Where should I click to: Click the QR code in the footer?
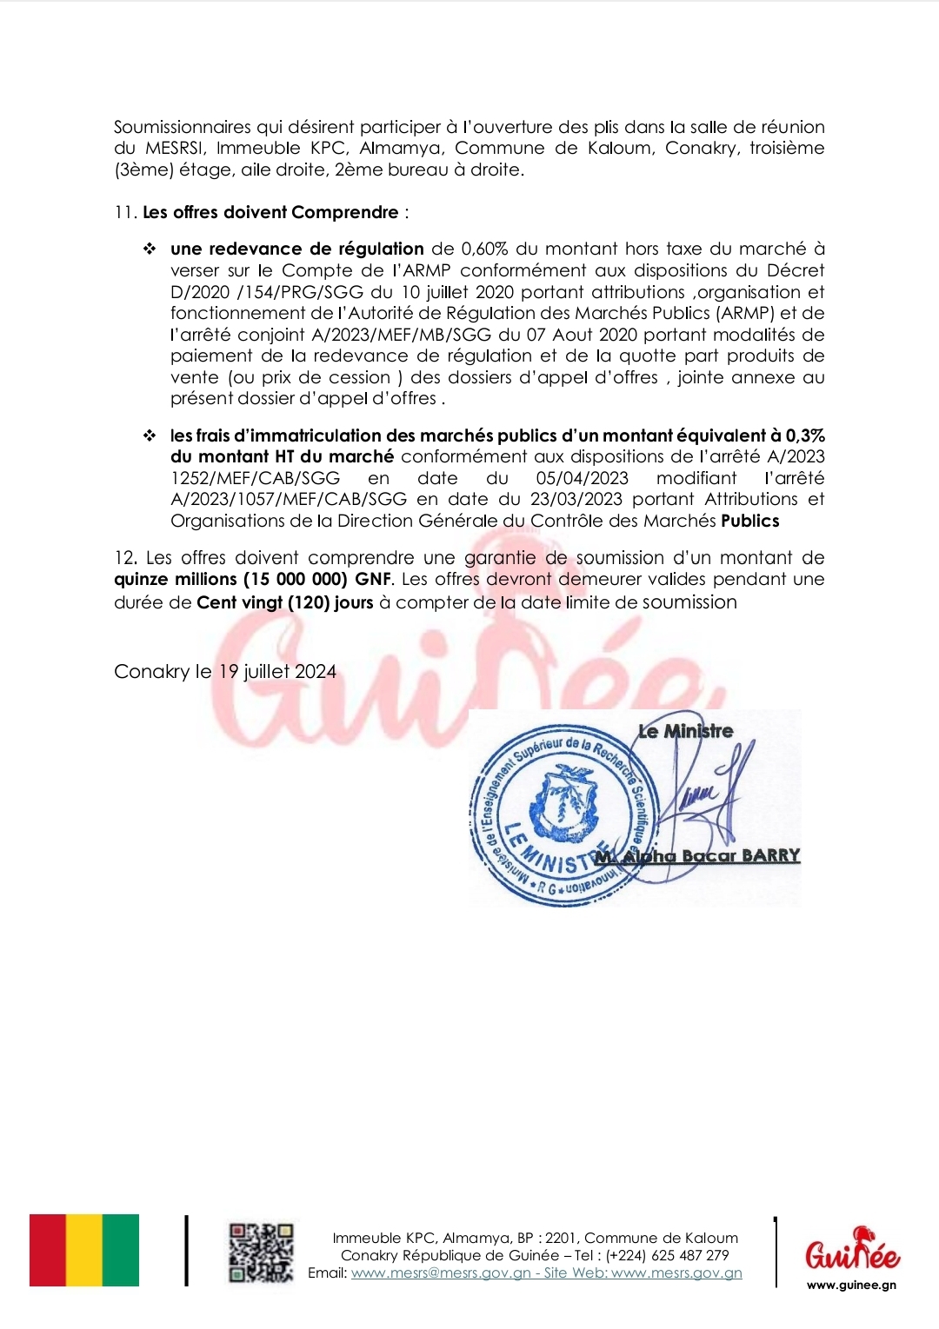[x=261, y=1253]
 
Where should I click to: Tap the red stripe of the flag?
[x=48, y=1250]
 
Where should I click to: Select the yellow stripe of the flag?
[x=84, y=1250]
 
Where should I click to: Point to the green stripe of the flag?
[x=121, y=1250]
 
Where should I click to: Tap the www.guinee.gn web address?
[x=851, y=1285]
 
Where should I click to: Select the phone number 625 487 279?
[x=693, y=1255]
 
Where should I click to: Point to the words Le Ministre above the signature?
[x=685, y=731]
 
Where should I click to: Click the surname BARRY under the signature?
[x=770, y=855]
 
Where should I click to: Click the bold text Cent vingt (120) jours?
[x=285, y=601]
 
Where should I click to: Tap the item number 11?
[x=124, y=212]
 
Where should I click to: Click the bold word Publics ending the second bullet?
[x=750, y=521]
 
